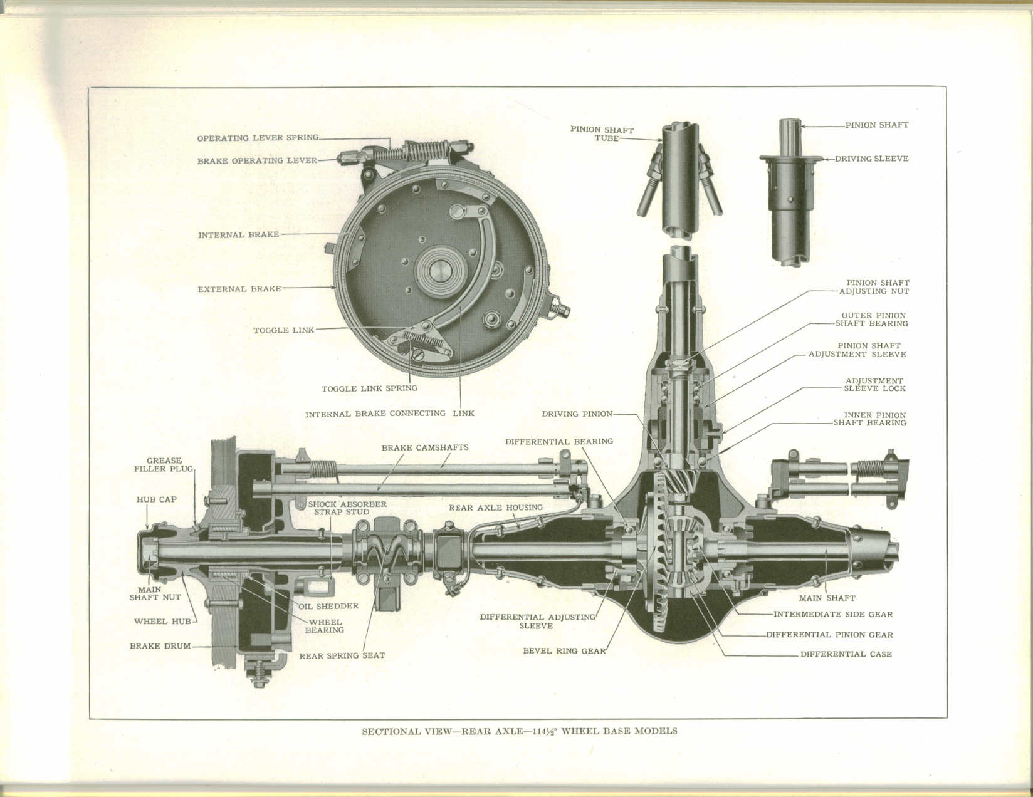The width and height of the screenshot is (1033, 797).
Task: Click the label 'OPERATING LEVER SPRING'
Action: click(x=258, y=138)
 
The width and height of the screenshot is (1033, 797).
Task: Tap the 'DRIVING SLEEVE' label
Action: click(x=871, y=159)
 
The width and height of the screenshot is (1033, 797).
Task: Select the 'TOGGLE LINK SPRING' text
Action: click(x=369, y=388)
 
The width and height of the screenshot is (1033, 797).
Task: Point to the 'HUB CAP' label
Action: click(x=157, y=500)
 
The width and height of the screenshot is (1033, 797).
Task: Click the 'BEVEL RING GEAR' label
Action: click(x=564, y=651)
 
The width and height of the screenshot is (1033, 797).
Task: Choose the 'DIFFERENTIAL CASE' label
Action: click(x=846, y=654)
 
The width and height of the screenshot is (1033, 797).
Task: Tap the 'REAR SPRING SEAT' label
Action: click(x=342, y=656)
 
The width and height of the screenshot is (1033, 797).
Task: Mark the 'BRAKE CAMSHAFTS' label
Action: click(x=425, y=448)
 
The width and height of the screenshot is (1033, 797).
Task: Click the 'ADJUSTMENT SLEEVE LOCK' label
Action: click(x=874, y=385)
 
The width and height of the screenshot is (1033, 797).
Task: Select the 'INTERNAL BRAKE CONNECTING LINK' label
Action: click(x=389, y=414)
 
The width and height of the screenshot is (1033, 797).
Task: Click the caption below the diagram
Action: click(x=520, y=731)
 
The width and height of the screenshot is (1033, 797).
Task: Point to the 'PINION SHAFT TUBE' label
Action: click(x=602, y=134)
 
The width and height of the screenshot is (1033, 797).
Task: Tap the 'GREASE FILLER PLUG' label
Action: click(x=164, y=464)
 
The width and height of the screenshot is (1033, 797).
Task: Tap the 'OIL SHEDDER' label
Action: click(x=337, y=606)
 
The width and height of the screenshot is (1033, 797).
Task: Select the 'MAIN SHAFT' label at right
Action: click(x=827, y=598)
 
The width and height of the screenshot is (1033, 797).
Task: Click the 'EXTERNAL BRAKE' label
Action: click(x=239, y=289)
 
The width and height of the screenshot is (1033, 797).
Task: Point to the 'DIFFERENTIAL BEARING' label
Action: click(x=559, y=442)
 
